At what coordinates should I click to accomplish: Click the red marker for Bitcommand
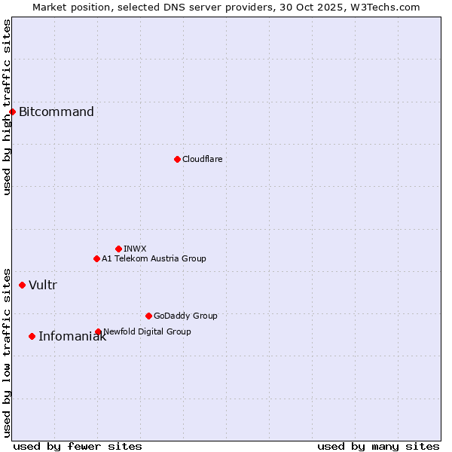12,112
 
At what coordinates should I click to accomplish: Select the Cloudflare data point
177,159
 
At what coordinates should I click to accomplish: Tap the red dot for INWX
118,249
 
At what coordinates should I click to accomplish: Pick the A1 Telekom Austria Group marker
96,258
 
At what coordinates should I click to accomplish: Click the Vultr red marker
22,285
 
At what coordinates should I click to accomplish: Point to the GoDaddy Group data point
148,316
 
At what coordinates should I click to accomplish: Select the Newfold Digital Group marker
98,331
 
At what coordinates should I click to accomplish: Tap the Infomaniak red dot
32,336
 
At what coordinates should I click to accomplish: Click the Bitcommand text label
56,112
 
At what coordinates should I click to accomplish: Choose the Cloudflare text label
202,159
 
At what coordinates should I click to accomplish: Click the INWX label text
135,249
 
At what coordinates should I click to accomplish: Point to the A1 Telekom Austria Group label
154,258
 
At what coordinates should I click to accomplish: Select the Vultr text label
43,285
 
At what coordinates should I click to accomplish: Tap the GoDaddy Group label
185,316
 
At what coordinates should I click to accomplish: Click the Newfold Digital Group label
148,331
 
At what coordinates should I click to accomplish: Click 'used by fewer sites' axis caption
78,446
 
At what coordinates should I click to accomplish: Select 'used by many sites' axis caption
378,446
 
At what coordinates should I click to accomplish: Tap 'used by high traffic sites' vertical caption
8,107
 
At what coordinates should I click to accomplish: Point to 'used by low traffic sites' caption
8,352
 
